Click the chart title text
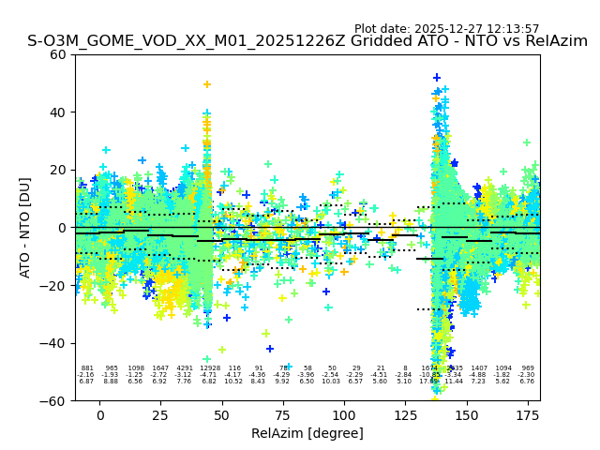[x=307, y=41]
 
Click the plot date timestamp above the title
[x=446, y=29]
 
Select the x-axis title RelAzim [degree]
[x=307, y=433]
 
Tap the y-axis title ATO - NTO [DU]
[x=25, y=227]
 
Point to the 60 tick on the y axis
[x=59, y=54]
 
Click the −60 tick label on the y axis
[x=55, y=400]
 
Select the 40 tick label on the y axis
[x=59, y=112]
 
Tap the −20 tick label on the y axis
[x=55, y=285]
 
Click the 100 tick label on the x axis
[x=344, y=415]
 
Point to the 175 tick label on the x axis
[x=528, y=415]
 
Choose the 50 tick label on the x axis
[x=222, y=415]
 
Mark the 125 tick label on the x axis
[x=406, y=415]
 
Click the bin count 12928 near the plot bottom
[x=210, y=368]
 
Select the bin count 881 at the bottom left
[x=87, y=368]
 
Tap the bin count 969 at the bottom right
[x=528, y=368]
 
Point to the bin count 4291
[x=185, y=368]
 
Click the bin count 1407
[x=479, y=368]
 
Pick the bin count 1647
[x=160, y=368]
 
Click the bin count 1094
[x=503, y=368]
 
